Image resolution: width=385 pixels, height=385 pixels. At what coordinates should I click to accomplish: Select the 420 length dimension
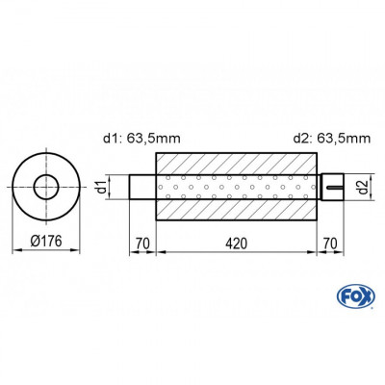[x=237, y=242]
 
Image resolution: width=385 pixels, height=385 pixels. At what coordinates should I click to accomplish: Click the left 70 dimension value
[x=141, y=242]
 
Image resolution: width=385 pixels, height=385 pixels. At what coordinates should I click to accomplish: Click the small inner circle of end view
[x=44, y=187]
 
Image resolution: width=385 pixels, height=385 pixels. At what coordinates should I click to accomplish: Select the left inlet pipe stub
[x=141, y=187]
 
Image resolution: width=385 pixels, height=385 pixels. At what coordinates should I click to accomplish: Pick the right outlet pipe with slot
[x=332, y=187]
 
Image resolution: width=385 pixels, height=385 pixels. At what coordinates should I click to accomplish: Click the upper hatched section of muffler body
[x=237, y=164]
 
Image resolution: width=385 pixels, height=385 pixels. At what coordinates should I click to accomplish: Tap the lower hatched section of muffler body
[x=237, y=209]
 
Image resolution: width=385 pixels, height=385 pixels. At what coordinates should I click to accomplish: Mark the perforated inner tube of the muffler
[x=237, y=187]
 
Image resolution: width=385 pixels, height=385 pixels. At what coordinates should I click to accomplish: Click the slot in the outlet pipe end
[x=337, y=187]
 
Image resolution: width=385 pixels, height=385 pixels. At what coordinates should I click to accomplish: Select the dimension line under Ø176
[x=44, y=251]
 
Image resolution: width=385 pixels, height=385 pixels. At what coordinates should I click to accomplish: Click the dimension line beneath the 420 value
[x=237, y=251]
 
